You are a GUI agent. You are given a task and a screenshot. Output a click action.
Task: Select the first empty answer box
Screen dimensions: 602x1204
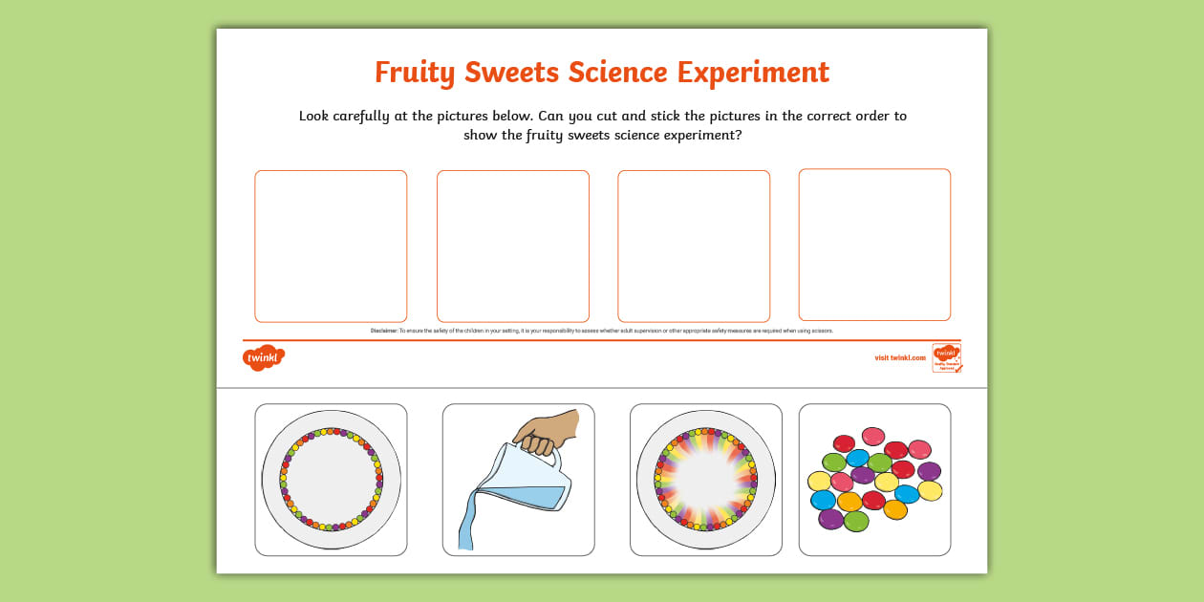(x=331, y=246)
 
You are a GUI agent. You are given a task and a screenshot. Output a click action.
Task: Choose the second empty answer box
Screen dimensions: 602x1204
(x=512, y=246)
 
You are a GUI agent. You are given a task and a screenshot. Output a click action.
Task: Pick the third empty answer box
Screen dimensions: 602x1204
(x=694, y=246)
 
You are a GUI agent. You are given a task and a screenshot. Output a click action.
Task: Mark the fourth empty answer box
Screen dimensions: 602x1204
(x=874, y=245)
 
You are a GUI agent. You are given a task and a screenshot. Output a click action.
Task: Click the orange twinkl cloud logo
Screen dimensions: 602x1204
(x=263, y=357)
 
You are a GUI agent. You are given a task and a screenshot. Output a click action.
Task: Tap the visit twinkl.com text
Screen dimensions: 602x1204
(x=900, y=357)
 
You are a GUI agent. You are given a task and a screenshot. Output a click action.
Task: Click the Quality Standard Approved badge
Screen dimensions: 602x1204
(x=946, y=357)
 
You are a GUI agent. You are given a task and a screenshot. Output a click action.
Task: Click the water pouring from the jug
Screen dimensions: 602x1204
(x=465, y=526)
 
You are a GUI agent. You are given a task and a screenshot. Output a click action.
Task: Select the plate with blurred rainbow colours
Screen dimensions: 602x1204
(x=705, y=479)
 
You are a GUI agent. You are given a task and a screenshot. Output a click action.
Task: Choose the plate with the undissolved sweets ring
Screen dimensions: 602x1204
(x=331, y=479)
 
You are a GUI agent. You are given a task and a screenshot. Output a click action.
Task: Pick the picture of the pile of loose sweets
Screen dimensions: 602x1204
(x=874, y=479)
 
